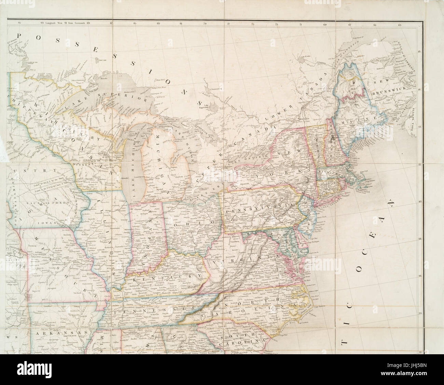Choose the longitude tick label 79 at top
point(205,24)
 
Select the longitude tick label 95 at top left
point(19,24)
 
